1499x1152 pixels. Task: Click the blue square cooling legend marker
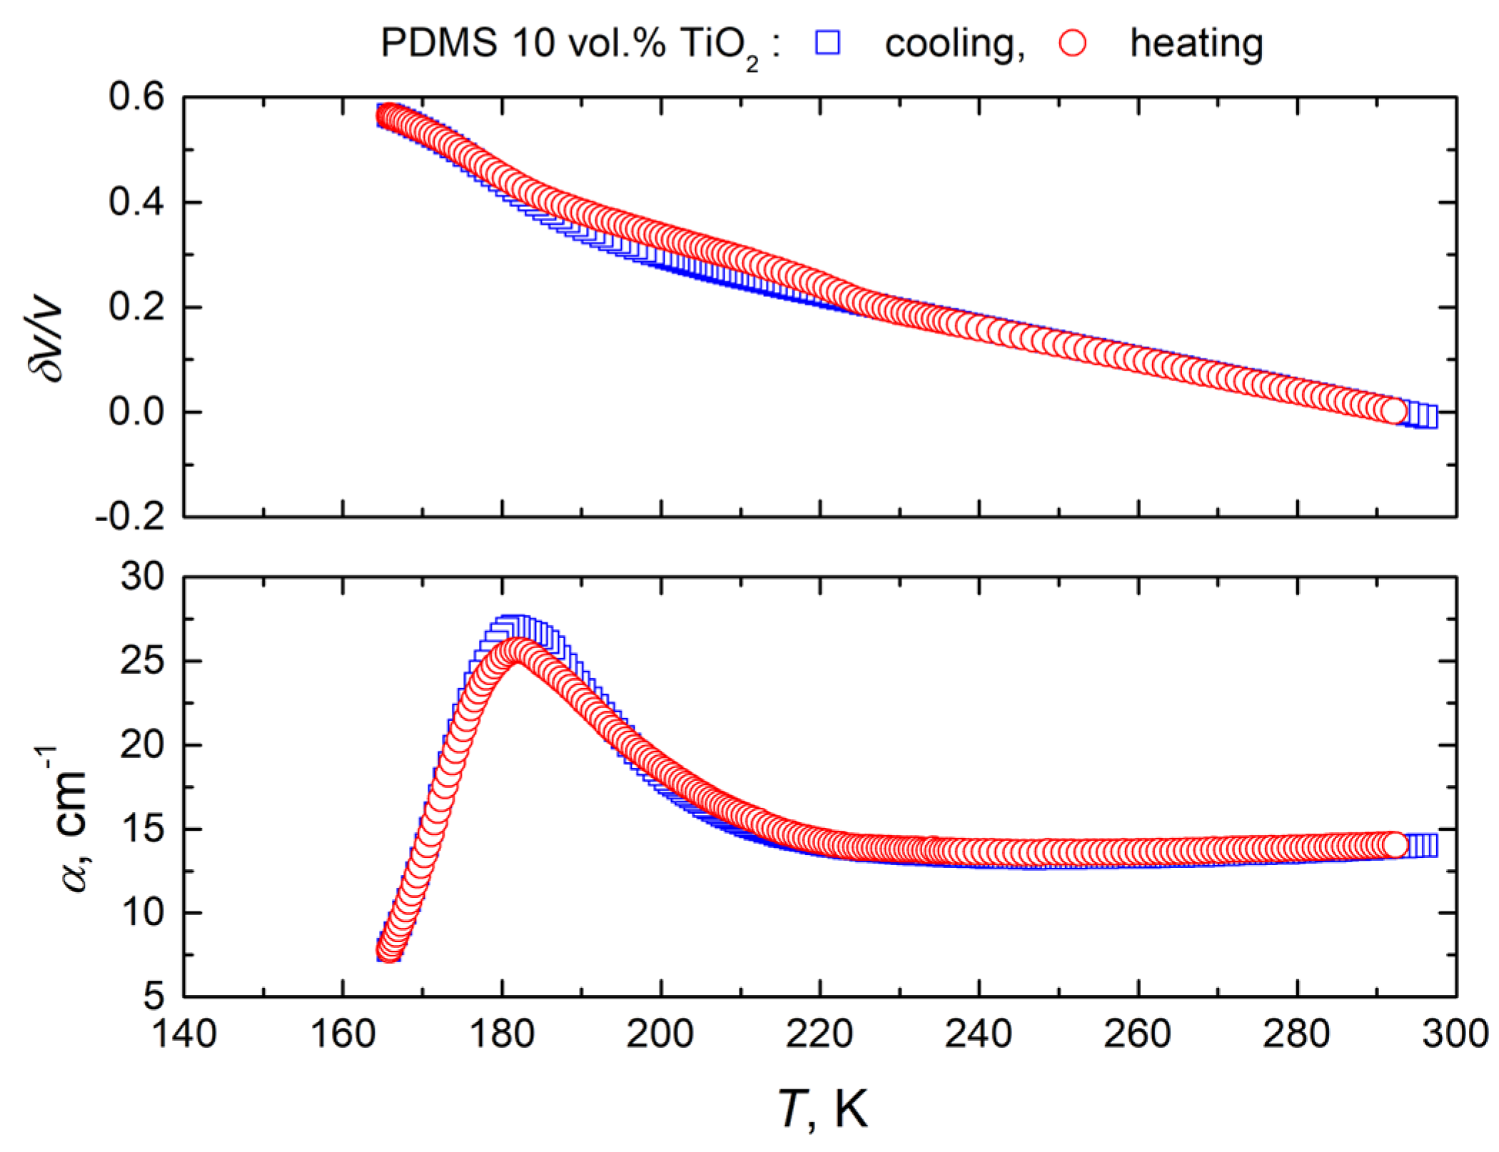pos(828,43)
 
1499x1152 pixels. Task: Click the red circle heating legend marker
pos(1073,43)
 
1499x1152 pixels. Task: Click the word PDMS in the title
pos(439,43)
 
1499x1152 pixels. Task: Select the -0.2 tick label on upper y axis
pos(130,516)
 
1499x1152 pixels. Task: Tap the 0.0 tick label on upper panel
pos(136,412)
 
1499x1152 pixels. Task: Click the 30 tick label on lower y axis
pos(142,576)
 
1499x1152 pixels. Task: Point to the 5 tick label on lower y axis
pos(153,996)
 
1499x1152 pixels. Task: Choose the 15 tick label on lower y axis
pos(142,829)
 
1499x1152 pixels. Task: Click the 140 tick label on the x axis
pos(184,1034)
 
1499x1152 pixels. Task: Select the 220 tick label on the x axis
pos(819,1034)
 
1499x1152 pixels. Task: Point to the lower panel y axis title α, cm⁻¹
pos(68,821)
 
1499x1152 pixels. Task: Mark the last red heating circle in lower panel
pos(1394,844)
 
